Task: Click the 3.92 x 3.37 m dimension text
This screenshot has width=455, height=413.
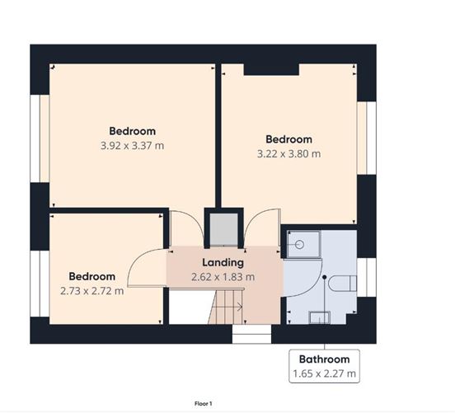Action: click(133, 146)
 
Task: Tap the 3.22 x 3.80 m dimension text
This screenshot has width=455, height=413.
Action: click(289, 154)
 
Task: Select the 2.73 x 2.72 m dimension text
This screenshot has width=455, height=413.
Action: click(92, 291)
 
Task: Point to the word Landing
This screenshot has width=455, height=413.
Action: click(223, 263)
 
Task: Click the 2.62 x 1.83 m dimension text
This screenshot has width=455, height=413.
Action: click(223, 277)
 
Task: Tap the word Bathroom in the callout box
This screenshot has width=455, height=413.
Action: click(324, 359)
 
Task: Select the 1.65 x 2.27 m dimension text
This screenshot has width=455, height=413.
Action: click(324, 373)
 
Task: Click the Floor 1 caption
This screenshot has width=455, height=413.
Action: click(203, 404)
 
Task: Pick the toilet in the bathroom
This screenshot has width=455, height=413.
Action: click(343, 284)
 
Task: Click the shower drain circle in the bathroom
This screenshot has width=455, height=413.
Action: click(300, 245)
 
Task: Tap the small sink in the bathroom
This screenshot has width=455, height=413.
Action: click(320, 317)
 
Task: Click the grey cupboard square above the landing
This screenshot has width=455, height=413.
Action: click(223, 229)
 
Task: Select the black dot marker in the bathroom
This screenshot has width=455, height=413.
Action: click(325, 277)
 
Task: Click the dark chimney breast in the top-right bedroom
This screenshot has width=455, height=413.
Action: click(271, 69)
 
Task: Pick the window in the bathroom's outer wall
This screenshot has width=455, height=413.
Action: click(367, 277)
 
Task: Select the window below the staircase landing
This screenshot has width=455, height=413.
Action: click(251, 334)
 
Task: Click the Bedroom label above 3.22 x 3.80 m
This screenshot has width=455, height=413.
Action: click(289, 139)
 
